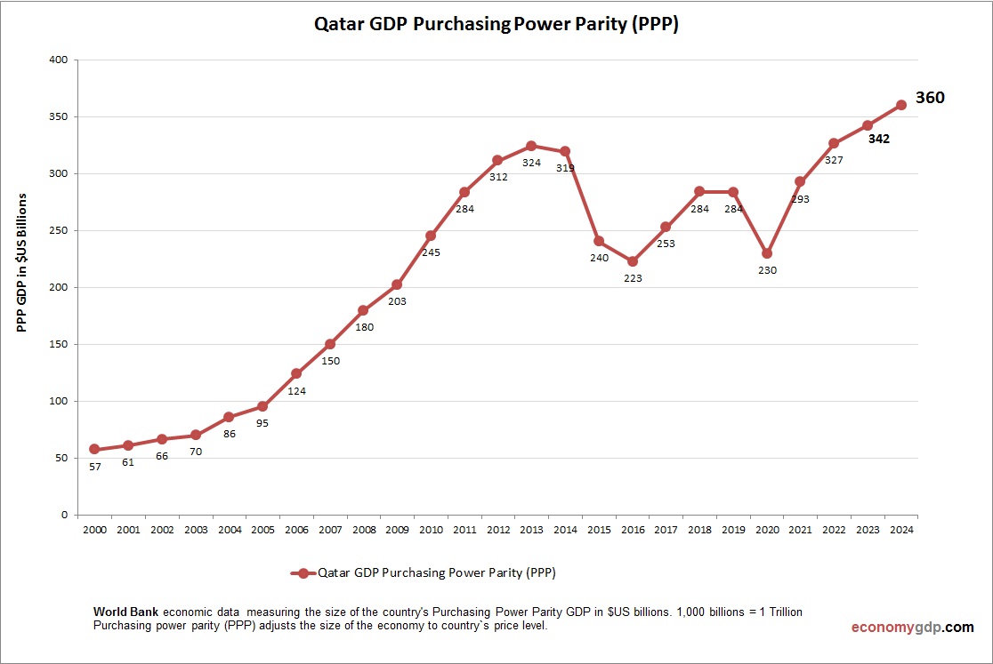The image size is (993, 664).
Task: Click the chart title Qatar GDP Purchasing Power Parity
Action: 496,25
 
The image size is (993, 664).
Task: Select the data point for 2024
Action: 900,105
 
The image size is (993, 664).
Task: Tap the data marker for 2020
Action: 767,253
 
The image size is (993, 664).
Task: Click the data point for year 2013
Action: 531,146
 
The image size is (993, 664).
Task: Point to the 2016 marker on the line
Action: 633,261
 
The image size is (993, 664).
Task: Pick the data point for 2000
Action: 94,450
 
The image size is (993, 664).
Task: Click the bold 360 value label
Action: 930,99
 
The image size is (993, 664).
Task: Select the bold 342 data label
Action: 879,139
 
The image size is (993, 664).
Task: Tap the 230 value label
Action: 767,270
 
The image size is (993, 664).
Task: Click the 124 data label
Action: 296,390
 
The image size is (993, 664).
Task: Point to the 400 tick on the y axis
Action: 59,60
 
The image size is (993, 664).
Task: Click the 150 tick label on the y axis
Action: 59,345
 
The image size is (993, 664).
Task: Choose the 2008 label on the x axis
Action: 363,530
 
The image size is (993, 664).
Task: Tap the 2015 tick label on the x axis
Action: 599,530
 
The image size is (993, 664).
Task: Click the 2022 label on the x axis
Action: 834,530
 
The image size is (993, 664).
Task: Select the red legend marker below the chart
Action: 303,573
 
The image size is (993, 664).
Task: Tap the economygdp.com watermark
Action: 912,627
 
